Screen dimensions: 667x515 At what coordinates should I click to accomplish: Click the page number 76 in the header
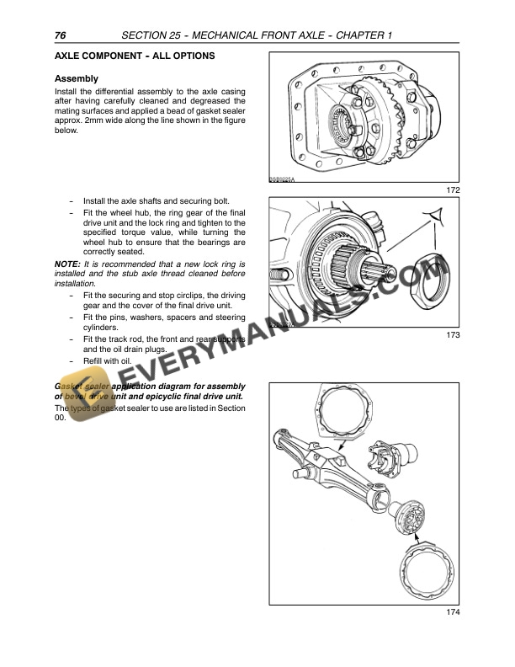60,35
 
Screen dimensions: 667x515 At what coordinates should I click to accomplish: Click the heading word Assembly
76,79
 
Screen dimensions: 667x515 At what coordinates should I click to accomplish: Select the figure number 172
454,190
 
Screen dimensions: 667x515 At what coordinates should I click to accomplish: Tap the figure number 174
454,636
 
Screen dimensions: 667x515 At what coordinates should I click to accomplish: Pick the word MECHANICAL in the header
229,35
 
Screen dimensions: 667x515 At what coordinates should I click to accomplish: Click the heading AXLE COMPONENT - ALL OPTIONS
134,56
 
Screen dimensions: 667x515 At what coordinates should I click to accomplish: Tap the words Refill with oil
109,360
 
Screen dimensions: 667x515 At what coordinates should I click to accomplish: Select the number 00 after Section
60,417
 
